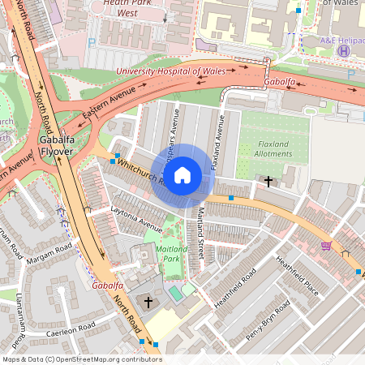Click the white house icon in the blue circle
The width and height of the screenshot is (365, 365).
tap(182, 175)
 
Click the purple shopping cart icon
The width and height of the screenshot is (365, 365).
tap(325, 245)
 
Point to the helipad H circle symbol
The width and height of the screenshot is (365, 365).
tap(344, 51)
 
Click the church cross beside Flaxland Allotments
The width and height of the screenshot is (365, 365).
tap(268, 181)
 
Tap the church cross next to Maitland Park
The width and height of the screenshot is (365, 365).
tap(148, 303)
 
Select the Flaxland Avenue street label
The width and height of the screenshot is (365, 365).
tap(217, 141)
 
